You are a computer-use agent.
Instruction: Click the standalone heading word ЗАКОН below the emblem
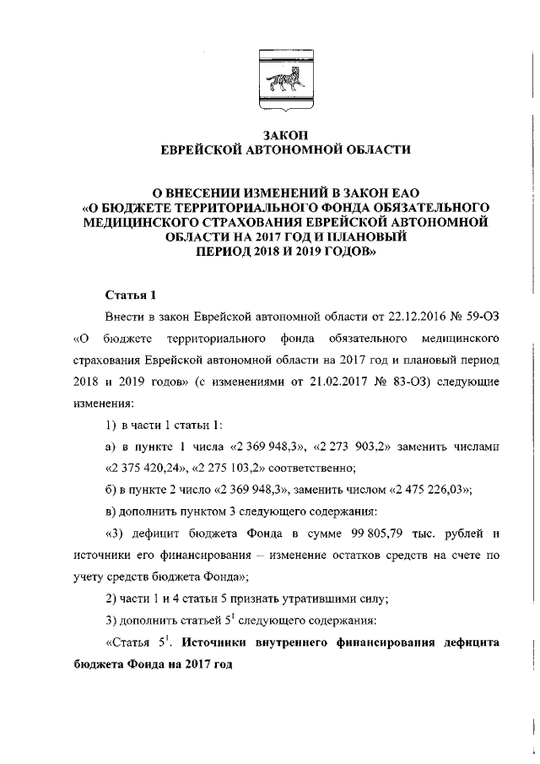(x=285, y=135)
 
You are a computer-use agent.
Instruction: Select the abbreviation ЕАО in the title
(x=400, y=192)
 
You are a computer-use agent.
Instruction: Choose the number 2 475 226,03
(x=430, y=490)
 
